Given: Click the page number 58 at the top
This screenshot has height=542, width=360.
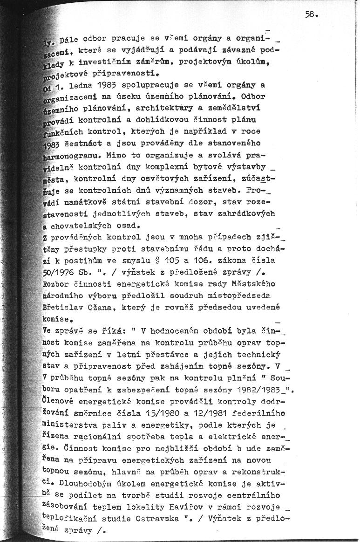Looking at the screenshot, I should [x=311, y=14].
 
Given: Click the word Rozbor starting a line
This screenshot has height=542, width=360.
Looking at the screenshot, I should [x=56, y=284].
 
